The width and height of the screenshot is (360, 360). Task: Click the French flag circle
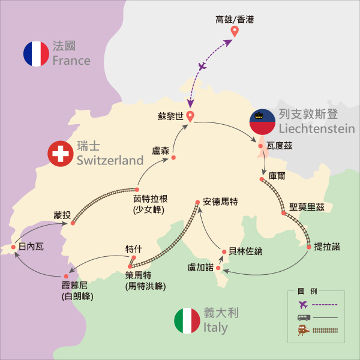pos(36,53)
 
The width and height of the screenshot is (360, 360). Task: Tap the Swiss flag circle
pos(60,154)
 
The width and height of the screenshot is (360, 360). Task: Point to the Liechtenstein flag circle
pos(262,122)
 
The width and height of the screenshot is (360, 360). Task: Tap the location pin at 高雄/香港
pos(234,30)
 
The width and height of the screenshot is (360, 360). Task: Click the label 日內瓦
pos(31,246)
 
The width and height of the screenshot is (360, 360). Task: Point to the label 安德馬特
pos(220,202)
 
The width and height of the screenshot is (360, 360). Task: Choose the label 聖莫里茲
pos(307,208)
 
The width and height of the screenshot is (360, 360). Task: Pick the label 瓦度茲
pos(278,145)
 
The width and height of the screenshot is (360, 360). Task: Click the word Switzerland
pos(110,160)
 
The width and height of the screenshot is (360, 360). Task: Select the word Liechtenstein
pos(316,128)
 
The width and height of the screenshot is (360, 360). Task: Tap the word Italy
pos(215,328)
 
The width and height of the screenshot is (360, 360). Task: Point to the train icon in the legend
pos(302,329)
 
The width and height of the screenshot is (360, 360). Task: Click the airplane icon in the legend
pos(302,304)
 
